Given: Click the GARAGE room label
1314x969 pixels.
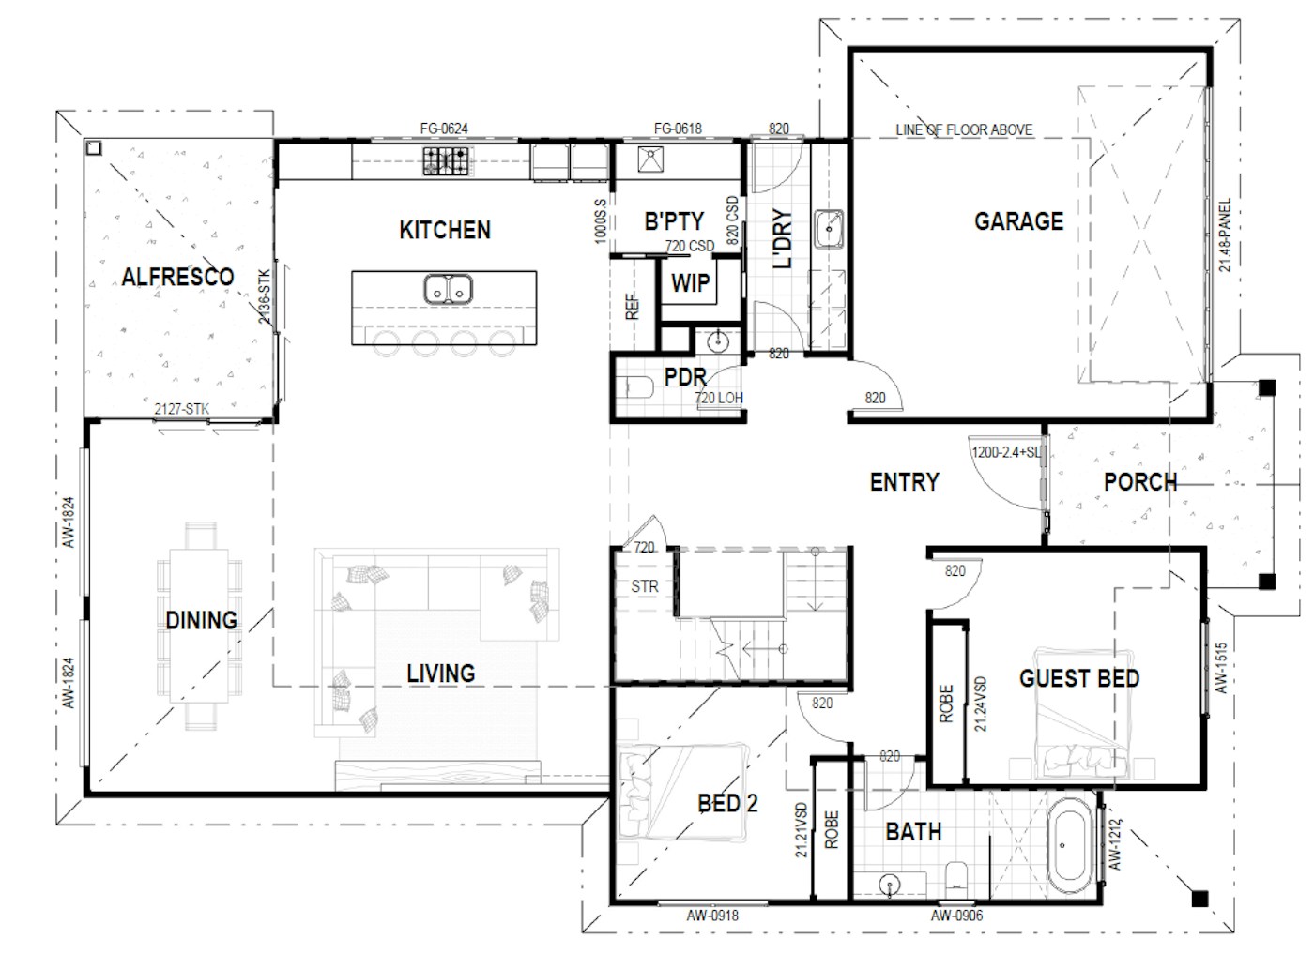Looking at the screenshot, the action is (x=1018, y=221).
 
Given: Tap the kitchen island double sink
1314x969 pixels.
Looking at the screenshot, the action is (x=448, y=289).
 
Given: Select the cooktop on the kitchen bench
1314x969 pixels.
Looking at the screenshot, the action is (x=445, y=161).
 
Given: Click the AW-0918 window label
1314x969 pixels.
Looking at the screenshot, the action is (x=712, y=916).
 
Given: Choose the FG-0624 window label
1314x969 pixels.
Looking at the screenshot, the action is (x=444, y=129).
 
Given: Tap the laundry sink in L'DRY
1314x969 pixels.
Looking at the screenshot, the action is (x=829, y=229).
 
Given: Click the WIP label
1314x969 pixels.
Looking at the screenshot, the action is (x=690, y=283).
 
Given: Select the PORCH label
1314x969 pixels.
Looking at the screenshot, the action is (x=1139, y=482).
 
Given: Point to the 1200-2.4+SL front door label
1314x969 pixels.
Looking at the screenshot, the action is (x=1005, y=452).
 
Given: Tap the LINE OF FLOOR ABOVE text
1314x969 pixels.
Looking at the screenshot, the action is (x=964, y=129).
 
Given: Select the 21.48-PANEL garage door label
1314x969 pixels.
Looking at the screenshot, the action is (x=1225, y=235).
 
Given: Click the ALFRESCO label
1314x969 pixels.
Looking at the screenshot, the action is (x=177, y=277).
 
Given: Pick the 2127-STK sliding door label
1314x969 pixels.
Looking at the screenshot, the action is (x=182, y=409).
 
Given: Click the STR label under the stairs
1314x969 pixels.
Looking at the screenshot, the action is (x=645, y=586).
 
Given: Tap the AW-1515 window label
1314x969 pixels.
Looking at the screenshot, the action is (x=1221, y=668).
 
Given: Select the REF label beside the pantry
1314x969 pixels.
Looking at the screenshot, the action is (x=633, y=307).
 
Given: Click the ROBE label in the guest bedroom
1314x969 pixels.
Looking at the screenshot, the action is (x=946, y=704).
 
